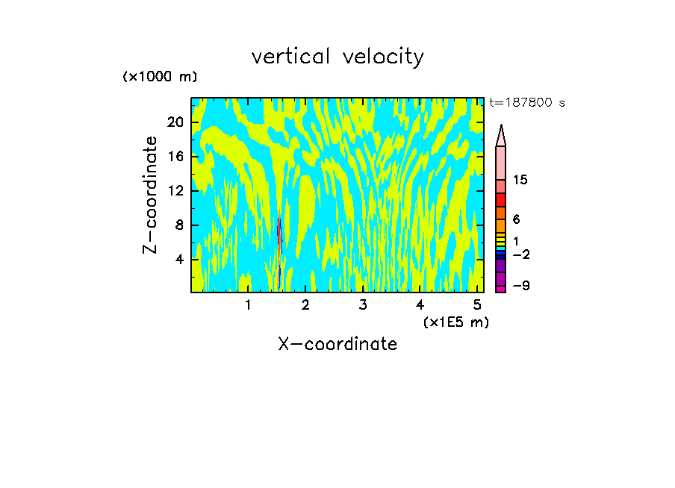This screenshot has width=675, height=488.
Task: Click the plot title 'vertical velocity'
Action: coord(337,57)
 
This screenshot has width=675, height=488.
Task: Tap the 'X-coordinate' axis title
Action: coord(337,344)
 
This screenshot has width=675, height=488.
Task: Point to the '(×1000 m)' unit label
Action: coord(160,77)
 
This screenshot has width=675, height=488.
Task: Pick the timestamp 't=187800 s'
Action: coord(527,103)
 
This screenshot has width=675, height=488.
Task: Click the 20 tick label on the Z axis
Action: coord(175,123)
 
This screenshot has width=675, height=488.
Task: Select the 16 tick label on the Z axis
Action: coord(175,157)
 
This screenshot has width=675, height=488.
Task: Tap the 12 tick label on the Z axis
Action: coord(175,191)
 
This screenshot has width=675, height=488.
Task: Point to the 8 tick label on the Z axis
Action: coord(179,225)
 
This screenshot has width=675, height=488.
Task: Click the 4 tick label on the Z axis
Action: coord(179,260)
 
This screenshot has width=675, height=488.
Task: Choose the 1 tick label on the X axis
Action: coord(248,305)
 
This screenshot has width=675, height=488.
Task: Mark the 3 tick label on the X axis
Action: coord(362,305)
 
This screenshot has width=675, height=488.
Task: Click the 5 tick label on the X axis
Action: coord(477,305)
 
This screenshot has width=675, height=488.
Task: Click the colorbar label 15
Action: coord(520,180)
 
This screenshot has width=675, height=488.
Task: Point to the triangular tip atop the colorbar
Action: coord(501,135)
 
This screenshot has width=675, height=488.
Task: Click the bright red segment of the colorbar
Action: coord(501,200)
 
